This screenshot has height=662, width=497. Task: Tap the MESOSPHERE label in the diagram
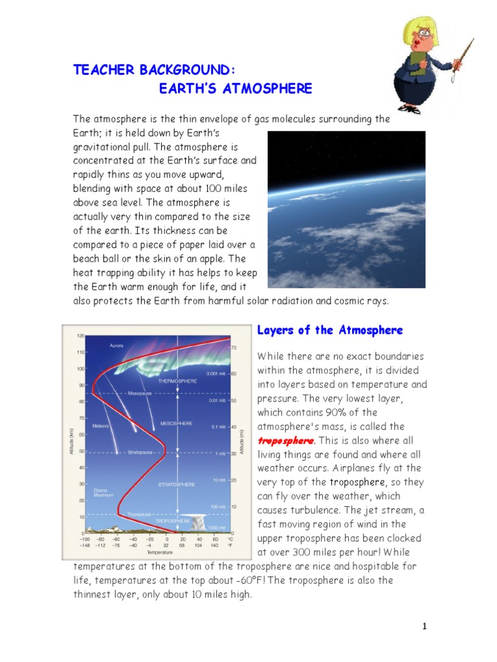177,423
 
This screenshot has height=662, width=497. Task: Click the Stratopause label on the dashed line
140,453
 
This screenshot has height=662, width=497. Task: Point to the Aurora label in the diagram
117,345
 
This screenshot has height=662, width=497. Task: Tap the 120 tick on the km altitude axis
81,336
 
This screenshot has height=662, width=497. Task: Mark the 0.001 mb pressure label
217,374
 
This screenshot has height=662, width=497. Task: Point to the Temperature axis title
159,553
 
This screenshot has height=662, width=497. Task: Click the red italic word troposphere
285,440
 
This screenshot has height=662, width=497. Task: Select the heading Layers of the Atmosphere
330,330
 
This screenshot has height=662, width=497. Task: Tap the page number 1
425,626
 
